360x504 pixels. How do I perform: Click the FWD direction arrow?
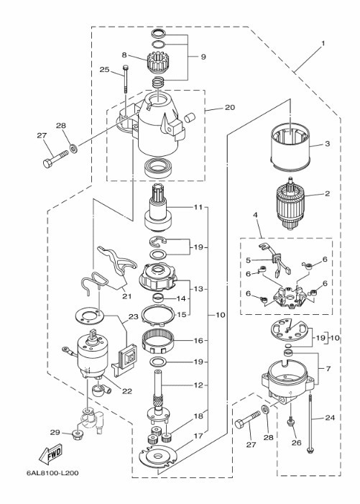pyautogui.click(x=50, y=454)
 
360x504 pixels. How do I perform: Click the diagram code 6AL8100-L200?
pyautogui.click(x=52, y=473)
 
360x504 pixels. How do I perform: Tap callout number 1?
pyautogui.click(x=323, y=43)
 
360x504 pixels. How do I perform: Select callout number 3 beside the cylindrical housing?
pyautogui.click(x=327, y=143)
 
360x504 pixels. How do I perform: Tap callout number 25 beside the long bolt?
pyautogui.click(x=104, y=70)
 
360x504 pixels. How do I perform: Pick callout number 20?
pyautogui.click(x=230, y=107)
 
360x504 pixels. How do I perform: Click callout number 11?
pyautogui.click(x=198, y=207)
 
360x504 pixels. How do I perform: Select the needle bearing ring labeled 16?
pyautogui.click(x=158, y=342)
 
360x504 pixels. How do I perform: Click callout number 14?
pyautogui.click(x=182, y=298)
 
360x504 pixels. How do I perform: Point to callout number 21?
pyautogui.click(x=127, y=295)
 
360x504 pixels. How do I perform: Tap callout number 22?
pyautogui.click(x=127, y=391)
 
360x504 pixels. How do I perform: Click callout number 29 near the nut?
pyautogui.click(x=55, y=432)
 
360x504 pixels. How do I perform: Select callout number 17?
pyautogui.click(x=198, y=436)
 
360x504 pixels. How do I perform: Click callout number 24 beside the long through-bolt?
pyautogui.click(x=330, y=418)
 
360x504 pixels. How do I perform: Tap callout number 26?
pyautogui.click(x=297, y=443)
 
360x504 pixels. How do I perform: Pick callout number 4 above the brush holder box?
pyautogui.click(x=256, y=215)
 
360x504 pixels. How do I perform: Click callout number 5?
pyautogui.click(x=248, y=260)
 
